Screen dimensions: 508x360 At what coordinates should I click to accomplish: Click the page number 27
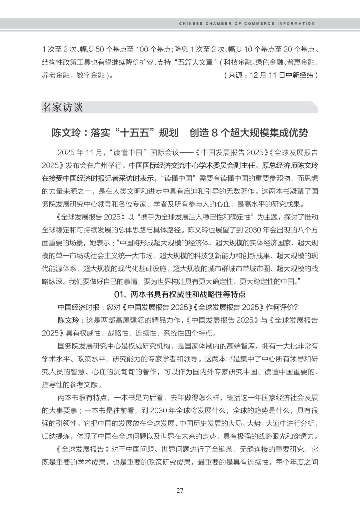[180, 490]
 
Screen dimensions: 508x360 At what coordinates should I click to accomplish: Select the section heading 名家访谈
[62, 107]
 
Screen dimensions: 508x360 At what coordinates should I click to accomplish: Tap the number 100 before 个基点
[142, 50]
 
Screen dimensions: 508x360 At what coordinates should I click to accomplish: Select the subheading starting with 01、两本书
[180, 294]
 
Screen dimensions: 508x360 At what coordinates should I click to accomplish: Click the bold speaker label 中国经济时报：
[81, 307]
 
